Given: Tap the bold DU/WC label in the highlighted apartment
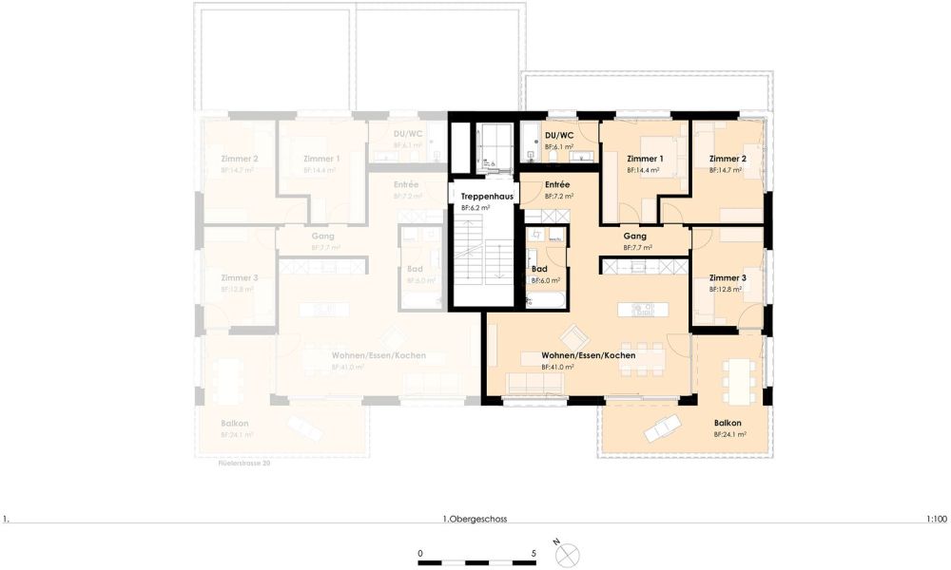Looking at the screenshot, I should pos(559,135).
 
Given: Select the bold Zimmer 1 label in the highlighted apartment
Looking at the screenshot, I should pos(645,159).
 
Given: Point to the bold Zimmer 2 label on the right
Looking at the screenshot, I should pos(728,158).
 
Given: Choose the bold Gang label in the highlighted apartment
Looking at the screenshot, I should pos(635,236).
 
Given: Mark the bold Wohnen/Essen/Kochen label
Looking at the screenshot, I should pos(588,354).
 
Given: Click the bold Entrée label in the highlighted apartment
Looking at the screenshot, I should pos(557,184).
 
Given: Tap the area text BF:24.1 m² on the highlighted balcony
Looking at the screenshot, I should pos(729,434).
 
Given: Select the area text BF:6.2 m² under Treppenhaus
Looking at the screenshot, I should pos(475,207).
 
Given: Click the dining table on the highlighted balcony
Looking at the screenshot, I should pos(738,377).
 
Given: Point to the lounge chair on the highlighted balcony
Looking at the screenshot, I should pos(662,428).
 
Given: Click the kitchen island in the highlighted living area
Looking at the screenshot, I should pos(636,310).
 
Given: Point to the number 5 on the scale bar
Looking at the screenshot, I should pos(534,553).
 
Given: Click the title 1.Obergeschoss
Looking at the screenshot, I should pos(475,520).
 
